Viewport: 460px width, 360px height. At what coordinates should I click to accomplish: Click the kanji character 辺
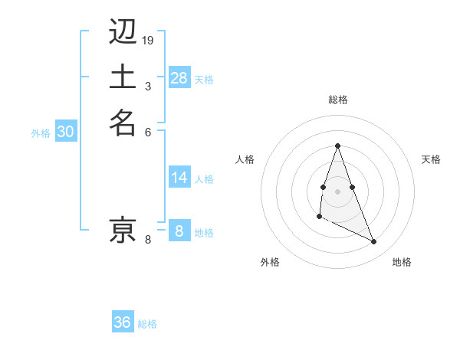pos(123,34)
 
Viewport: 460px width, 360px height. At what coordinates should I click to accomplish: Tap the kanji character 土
pos(123,77)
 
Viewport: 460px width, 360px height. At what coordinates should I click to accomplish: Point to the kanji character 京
pos(123,229)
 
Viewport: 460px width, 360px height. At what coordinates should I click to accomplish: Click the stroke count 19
pos(148,40)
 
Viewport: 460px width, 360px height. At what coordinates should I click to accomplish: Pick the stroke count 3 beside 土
pos(148,85)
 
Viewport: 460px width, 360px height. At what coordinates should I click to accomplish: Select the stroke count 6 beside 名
pos(148,131)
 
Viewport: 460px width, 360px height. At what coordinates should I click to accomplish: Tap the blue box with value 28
pos(179,78)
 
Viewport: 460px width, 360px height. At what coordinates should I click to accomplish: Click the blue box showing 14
pos(179,178)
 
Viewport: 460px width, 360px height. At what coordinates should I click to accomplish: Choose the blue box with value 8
pos(179,231)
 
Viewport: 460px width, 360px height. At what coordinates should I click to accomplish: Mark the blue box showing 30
pos(66,132)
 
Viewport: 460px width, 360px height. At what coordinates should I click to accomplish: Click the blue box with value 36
pos(123,322)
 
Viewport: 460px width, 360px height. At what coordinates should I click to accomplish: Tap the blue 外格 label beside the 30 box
pos(41,133)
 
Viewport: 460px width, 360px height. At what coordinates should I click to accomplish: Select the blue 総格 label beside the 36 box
pos(147,324)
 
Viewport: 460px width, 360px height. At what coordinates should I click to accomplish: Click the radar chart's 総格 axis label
pos(337,100)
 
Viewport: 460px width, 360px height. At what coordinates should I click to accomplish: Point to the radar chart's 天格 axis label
pos(432,159)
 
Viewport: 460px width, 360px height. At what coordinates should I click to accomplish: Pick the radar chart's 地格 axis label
pos(402,262)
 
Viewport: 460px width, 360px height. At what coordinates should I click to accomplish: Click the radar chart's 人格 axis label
pos(245,159)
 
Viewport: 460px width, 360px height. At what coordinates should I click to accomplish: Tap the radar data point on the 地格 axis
pos(374,242)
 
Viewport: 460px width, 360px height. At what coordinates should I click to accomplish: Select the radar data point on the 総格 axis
pos(337,146)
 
